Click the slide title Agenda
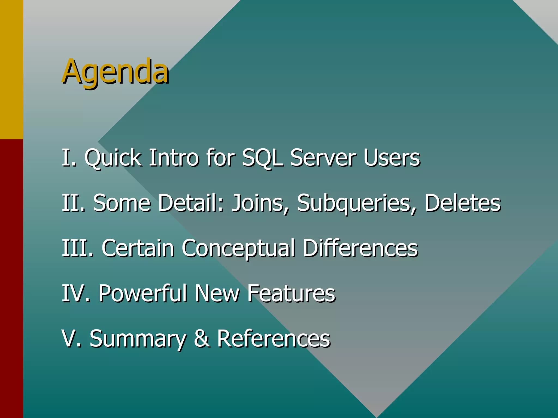click(116, 71)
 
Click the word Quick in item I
click(113, 158)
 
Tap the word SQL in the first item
click(262, 158)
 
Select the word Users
click(392, 158)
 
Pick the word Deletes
click(462, 203)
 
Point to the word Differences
click(360, 248)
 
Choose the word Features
click(291, 293)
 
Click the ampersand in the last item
click(202, 339)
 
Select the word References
click(274, 339)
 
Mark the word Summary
click(138, 339)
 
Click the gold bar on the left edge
click(11, 70)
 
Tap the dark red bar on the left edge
click(11, 278)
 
